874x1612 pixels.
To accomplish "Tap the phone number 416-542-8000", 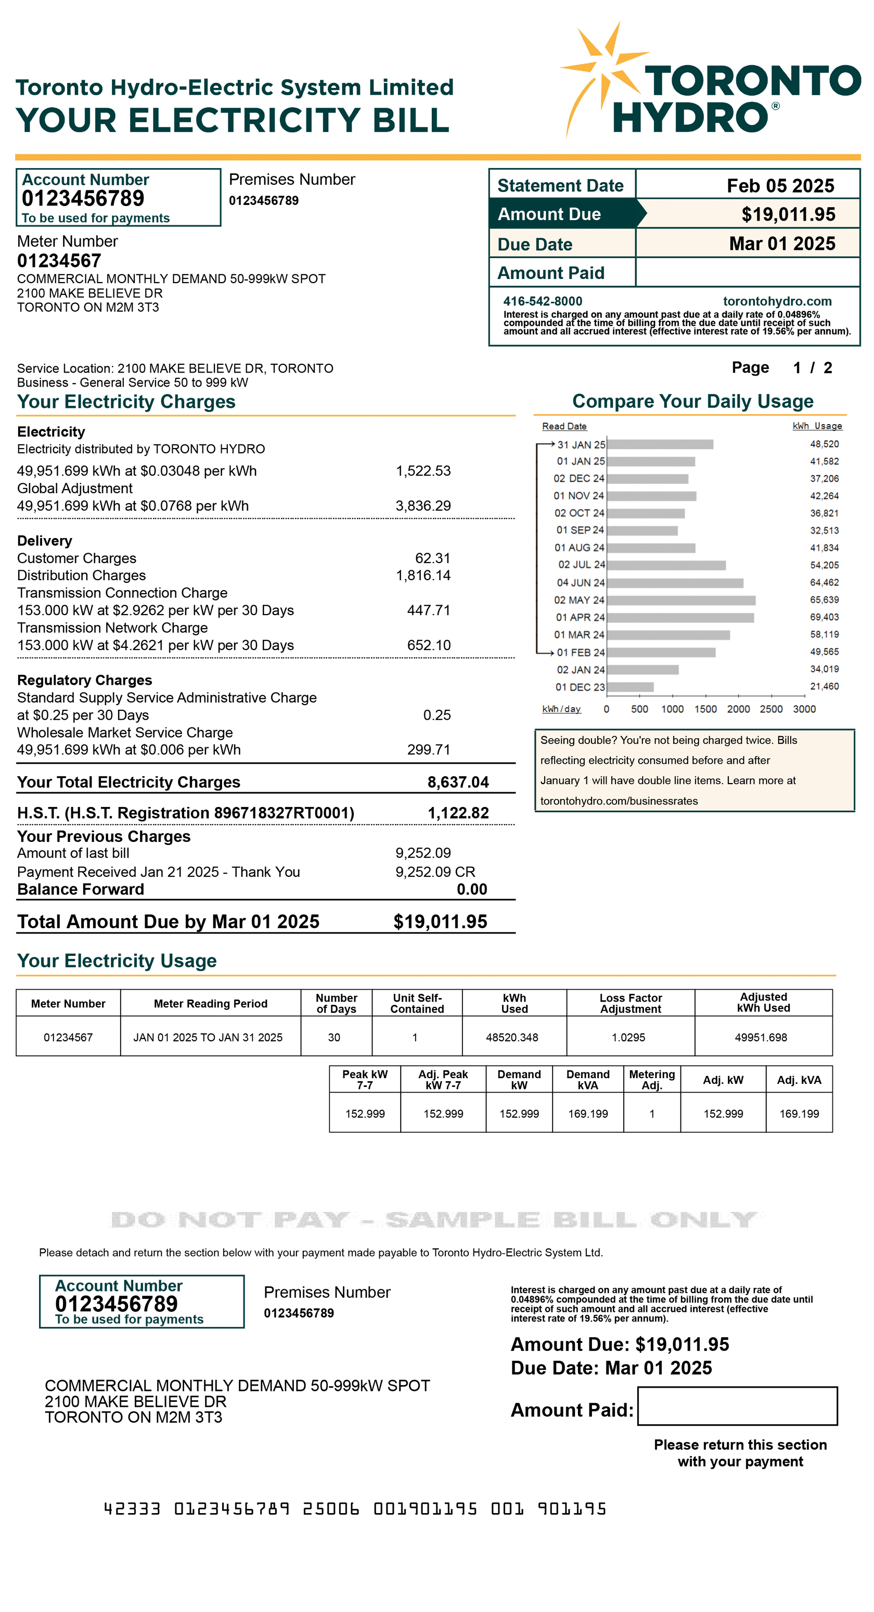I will (543, 301).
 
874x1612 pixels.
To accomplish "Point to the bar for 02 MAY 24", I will (680, 600).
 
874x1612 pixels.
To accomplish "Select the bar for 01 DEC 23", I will (629, 687).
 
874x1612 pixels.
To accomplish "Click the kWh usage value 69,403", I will (824, 617).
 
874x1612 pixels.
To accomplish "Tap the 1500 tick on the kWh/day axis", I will (705, 709).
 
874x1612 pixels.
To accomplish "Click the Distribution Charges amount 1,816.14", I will (423, 575).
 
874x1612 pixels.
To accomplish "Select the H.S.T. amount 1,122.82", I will (458, 813).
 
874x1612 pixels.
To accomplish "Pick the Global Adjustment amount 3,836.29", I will (423, 506).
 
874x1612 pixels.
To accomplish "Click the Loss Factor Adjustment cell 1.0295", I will (628, 1038).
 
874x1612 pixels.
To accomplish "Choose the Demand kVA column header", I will (587, 1080).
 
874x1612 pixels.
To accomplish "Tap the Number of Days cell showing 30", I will (334, 1038).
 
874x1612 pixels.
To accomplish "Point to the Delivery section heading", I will (44, 541).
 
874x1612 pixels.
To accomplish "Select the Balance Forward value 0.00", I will (472, 889).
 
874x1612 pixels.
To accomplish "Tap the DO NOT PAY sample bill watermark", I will (433, 1220).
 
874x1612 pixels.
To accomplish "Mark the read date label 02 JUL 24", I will (581, 565).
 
